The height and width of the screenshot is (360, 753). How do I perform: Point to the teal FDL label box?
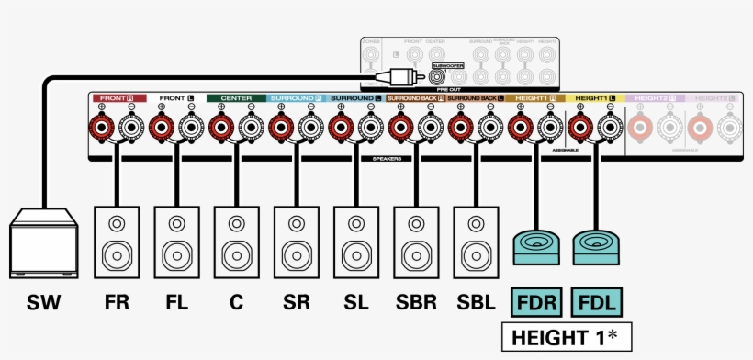point(595,302)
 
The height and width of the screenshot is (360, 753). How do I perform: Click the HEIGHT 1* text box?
point(565,337)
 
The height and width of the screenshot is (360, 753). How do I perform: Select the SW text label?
point(43,303)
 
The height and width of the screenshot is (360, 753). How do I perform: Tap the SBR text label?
point(415,303)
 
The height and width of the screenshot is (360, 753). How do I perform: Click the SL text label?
point(355,303)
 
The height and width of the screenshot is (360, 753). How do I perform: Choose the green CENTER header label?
point(236,97)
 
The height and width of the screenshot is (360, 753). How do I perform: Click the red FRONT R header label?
point(117,97)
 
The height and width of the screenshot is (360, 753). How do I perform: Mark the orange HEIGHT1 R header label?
point(534,97)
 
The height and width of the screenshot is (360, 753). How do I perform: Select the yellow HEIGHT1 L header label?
point(594,97)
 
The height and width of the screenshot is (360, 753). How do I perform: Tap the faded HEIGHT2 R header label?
point(654,97)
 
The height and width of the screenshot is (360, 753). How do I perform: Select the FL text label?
point(176,303)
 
